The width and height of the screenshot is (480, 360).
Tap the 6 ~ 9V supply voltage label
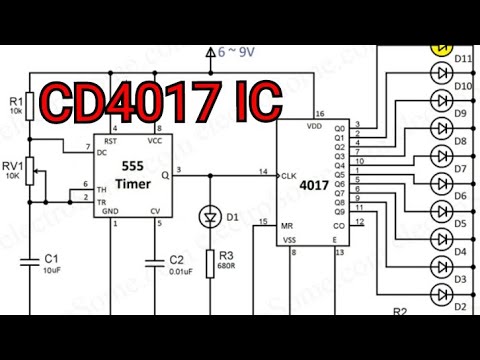click(x=237, y=50)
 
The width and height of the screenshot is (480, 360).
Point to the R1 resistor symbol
click(x=31, y=105)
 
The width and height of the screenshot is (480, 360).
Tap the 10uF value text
click(x=52, y=271)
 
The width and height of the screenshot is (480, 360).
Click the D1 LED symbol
click(x=211, y=216)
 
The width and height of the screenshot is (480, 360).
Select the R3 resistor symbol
click(x=211, y=263)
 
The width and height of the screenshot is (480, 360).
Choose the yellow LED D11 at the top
click(x=441, y=47)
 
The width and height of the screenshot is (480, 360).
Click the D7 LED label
click(x=461, y=169)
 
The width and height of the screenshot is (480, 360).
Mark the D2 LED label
click(x=461, y=308)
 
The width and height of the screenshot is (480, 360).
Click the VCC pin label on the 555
click(x=155, y=140)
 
